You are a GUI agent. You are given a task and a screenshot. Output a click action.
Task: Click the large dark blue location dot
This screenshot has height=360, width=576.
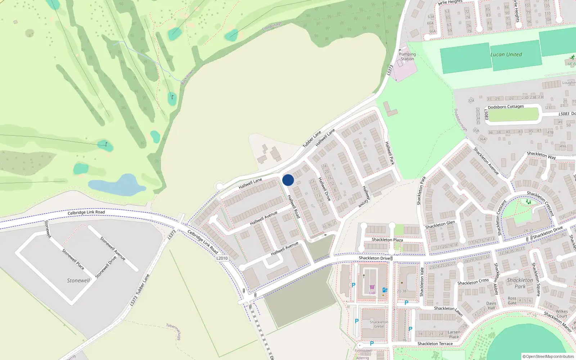[x=288, y=180]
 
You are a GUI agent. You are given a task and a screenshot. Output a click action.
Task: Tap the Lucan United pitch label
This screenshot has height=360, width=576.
[x=506, y=55]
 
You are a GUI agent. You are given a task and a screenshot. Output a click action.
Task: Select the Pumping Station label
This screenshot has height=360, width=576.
[x=407, y=57]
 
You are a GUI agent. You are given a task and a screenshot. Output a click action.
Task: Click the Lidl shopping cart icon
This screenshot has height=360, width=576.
[x=372, y=287]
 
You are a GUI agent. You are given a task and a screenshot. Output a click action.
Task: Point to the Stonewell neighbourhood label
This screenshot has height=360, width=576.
[x=78, y=280]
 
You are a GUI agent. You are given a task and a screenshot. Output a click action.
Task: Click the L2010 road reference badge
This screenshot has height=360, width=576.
[x=222, y=258]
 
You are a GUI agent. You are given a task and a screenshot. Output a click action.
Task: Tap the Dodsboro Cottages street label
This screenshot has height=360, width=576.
[x=505, y=107]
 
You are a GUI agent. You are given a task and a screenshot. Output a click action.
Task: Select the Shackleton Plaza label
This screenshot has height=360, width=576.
[x=387, y=240]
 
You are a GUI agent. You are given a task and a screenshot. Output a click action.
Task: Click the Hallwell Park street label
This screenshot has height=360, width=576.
[x=390, y=153]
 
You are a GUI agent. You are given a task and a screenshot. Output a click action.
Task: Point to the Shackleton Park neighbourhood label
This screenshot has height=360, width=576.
[x=520, y=283]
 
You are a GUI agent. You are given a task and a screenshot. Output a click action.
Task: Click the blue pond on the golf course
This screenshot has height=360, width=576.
[x=116, y=185]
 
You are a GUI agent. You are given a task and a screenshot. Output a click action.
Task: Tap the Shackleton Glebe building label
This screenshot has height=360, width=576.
[x=379, y=324]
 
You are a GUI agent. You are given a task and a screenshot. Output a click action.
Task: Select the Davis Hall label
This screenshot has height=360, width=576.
[x=491, y=306]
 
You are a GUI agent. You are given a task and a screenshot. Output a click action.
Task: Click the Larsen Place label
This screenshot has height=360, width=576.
[x=454, y=334]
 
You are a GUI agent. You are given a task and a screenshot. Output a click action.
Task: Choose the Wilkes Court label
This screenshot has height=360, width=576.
[x=562, y=314]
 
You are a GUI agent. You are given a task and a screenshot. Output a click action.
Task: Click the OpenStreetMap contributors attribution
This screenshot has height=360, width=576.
[x=548, y=357]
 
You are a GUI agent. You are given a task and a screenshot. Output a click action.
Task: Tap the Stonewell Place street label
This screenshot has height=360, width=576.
[x=73, y=259]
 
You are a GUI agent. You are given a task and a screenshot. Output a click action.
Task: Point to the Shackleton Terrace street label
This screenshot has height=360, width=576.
[x=435, y=344]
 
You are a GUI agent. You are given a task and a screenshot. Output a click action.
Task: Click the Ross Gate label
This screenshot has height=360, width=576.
[x=512, y=301]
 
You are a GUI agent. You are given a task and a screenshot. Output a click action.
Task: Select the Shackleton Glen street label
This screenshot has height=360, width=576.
[x=440, y=225]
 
